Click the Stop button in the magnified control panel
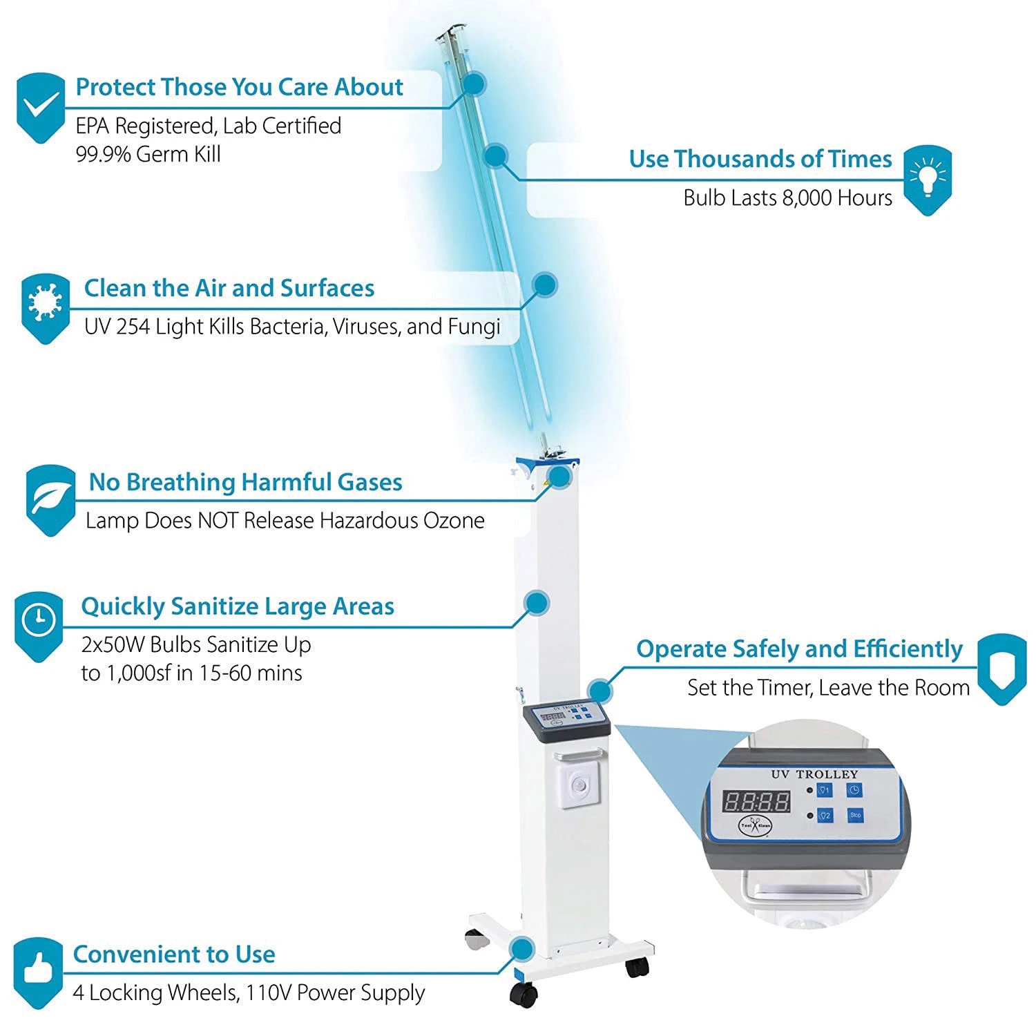pyautogui.click(x=855, y=815)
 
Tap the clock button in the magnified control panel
pyautogui.click(x=854, y=790)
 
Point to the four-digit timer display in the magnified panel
pyautogui.click(x=756, y=802)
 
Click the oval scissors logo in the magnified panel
pyautogui.click(x=756, y=825)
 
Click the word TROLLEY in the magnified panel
pyautogui.click(x=827, y=774)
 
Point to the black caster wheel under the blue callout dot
pyautogui.click(x=524, y=994)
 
